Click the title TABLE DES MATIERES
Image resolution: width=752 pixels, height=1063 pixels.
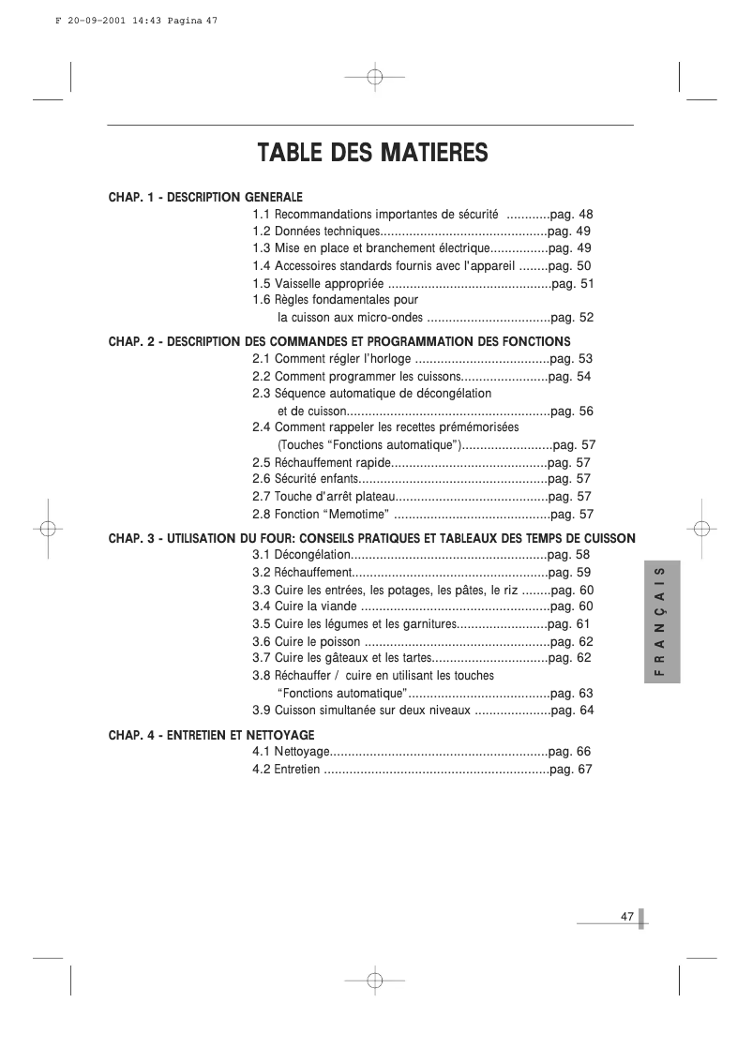[x=372, y=152]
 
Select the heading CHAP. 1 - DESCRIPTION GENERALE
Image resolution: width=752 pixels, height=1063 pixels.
[x=205, y=197]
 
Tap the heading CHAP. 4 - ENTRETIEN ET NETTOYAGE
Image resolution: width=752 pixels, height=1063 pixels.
[x=211, y=735]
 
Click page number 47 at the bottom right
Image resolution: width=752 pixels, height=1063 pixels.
[x=627, y=917]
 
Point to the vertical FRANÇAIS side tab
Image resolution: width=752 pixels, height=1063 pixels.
[x=661, y=624]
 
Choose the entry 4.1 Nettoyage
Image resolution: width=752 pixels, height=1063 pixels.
[x=291, y=752]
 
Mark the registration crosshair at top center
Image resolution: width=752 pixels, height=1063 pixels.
[x=373, y=77]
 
